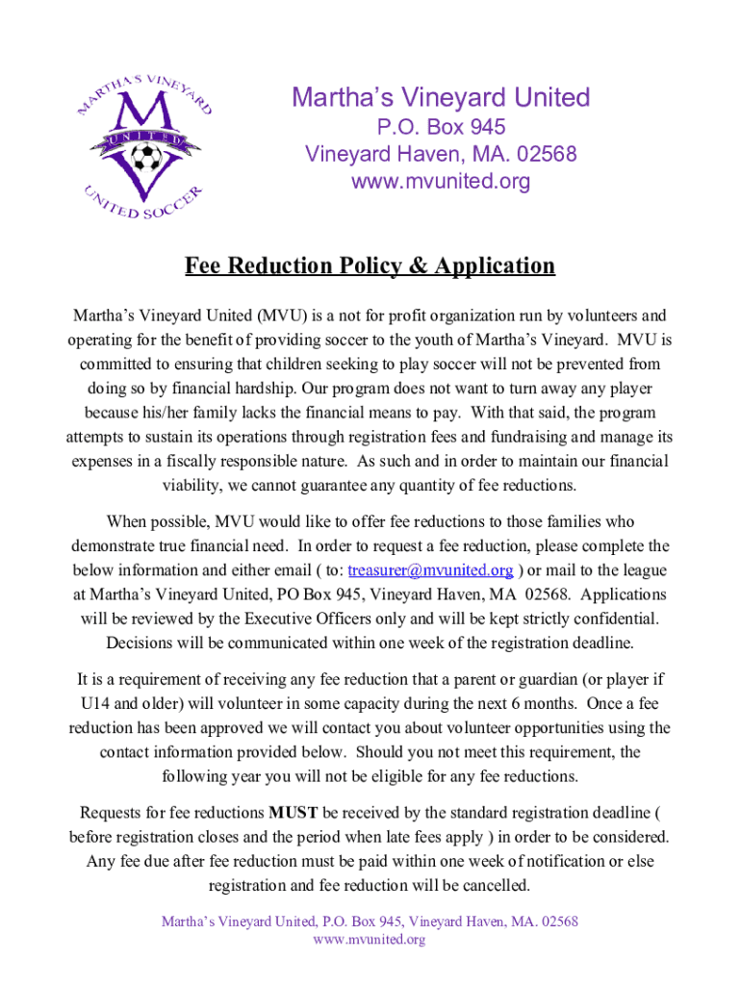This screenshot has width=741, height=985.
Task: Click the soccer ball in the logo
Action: (x=146, y=157)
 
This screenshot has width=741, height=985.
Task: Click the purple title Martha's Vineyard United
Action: (x=441, y=98)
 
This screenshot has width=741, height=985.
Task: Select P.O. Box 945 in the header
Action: (x=441, y=127)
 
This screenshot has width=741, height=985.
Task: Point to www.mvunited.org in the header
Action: (x=441, y=181)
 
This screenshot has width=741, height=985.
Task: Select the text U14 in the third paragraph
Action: (x=98, y=703)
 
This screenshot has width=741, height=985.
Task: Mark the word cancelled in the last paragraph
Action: (x=487, y=885)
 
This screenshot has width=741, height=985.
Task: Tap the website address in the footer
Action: (x=370, y=939)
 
